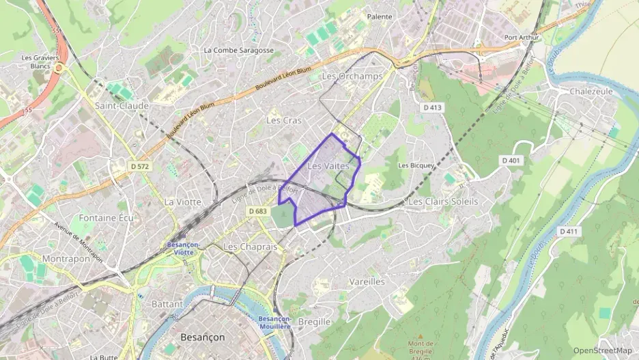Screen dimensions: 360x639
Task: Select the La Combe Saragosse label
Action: pos(239,50)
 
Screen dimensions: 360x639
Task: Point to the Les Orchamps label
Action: pos(352,77)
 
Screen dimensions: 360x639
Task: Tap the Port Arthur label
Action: pos(521,37)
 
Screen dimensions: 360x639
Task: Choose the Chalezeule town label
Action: pos(591,92)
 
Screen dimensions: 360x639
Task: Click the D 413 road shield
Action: pos(432,107)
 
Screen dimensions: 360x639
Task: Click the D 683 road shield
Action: pos(257,211)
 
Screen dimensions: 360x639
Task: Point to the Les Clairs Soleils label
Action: pos(442,202)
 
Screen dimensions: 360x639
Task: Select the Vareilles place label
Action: pos(367,281)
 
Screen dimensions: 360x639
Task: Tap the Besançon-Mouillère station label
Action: pos(275,323)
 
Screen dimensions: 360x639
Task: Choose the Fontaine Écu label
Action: pos(106,217)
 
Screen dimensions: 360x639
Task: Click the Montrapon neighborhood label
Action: pos(66,259)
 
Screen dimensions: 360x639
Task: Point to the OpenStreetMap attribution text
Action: pos(602,350)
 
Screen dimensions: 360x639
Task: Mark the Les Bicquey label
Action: pos(417,165)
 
